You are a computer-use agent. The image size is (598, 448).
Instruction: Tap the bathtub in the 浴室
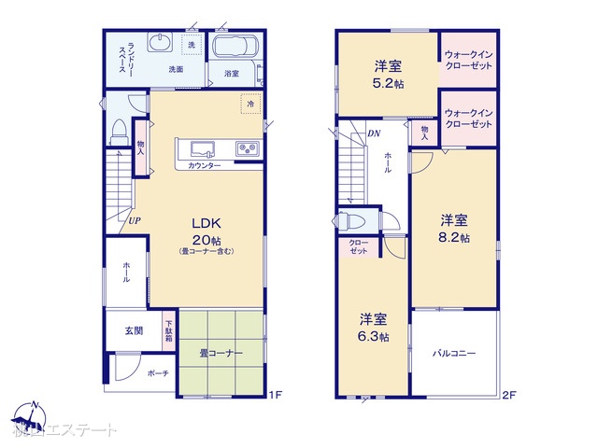coord(237,49)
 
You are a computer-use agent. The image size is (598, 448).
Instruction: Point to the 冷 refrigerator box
coord(250,105)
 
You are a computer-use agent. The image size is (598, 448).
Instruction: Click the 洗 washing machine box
coord(192,45)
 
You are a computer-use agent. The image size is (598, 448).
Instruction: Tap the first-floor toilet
coord(121,132)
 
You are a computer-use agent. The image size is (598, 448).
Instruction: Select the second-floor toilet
coord(354,222)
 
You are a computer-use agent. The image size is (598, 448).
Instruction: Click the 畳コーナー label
coord(221,354)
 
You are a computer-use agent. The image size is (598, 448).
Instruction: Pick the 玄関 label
coord(133,330)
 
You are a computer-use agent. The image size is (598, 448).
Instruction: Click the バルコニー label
coord(454,354)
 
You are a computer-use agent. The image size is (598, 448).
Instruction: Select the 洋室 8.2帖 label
coord(455,229)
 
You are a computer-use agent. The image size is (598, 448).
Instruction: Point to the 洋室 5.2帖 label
coord(389,74)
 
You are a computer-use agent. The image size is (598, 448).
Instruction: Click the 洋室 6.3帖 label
coord(372,327)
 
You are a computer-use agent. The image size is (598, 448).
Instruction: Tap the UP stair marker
coord(135,219)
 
